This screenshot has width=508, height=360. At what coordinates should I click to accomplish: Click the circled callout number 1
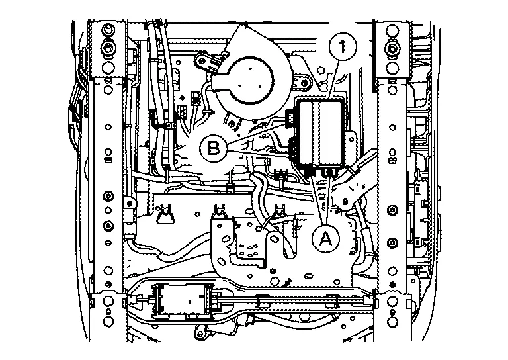click(342, 48)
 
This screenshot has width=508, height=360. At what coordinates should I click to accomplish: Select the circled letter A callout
click(325, 238)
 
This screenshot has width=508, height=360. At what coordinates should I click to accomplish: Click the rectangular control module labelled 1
click(321, 132)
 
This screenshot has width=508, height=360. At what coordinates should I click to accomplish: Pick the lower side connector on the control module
click(293, 148)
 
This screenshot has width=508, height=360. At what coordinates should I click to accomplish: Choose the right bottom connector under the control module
click(329, 171)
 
